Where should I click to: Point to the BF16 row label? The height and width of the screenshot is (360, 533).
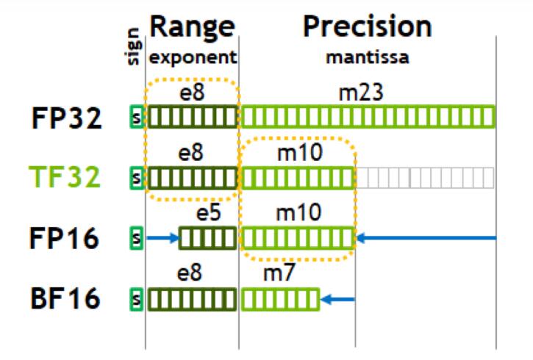67,300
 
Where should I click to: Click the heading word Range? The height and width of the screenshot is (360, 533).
193,27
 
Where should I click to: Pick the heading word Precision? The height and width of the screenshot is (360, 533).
367,27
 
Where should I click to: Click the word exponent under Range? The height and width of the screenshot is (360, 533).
193,55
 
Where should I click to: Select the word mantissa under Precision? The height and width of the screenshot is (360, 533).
367,55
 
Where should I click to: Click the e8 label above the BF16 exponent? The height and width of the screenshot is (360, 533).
193,275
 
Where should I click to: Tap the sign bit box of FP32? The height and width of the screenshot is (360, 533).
135,116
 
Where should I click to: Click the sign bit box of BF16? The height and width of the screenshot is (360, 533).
135,299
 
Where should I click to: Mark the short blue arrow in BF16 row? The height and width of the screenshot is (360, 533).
339,299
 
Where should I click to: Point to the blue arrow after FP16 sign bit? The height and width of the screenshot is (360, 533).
162,237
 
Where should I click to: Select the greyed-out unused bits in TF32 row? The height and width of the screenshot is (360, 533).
426,177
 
